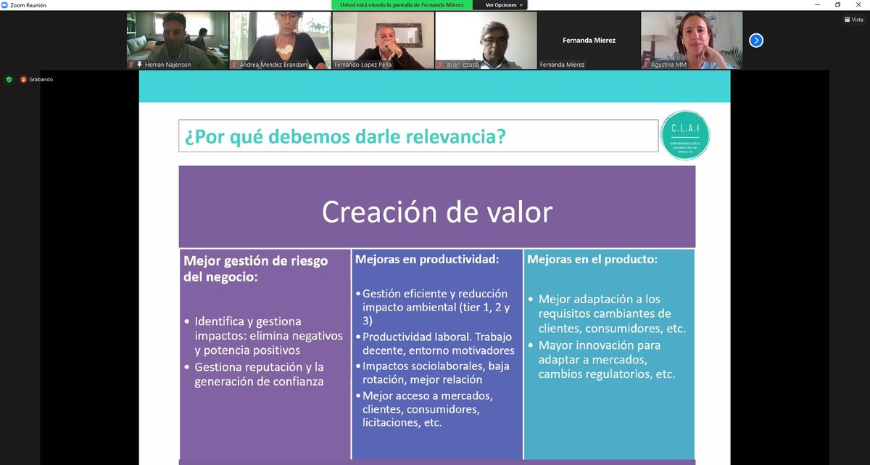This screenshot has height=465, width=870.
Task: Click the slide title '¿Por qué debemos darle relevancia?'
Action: coord(345,136)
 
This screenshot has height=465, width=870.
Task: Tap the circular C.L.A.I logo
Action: coord(685,136)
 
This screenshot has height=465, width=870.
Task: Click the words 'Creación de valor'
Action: coord(436,212)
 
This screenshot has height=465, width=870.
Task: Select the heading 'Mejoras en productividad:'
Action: coord(427,259)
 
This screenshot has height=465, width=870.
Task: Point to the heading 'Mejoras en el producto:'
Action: coord(592,259)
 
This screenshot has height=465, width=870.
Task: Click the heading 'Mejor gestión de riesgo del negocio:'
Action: coord(256,268)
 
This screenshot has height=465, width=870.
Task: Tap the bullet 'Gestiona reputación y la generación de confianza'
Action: coord(260,374)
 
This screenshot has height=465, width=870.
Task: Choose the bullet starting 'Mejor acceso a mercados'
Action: coord(428,409)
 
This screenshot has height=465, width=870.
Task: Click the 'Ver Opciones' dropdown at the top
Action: coord(503,5)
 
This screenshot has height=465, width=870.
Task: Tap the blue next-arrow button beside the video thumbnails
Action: coord(756,41)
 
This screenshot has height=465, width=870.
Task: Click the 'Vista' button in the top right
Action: coord(853,20)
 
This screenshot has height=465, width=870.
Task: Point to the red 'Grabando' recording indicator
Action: coord(37,79)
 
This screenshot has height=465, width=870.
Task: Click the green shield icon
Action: coord(9,79)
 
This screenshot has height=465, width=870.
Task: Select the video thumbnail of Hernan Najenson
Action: coord(177,41)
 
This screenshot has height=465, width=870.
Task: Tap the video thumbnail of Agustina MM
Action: coord(691,41)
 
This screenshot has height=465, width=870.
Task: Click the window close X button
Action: coord(858,5)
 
